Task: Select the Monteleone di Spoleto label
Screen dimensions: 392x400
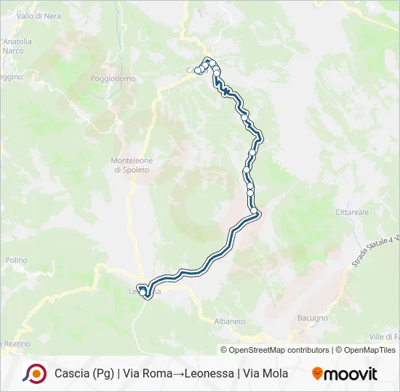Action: tap(130, 165)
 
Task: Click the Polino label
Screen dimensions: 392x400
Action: tap(16, 260)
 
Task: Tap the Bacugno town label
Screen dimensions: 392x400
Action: tap(313, 318)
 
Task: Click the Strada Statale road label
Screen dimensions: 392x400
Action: tap(375, 251)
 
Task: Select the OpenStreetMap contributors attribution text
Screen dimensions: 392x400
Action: tap(275, 350)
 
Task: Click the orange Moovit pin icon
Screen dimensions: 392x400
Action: tap(317, 374)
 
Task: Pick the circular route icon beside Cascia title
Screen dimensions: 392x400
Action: tap(34, 373)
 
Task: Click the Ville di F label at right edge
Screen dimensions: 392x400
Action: tap(385, 337)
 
